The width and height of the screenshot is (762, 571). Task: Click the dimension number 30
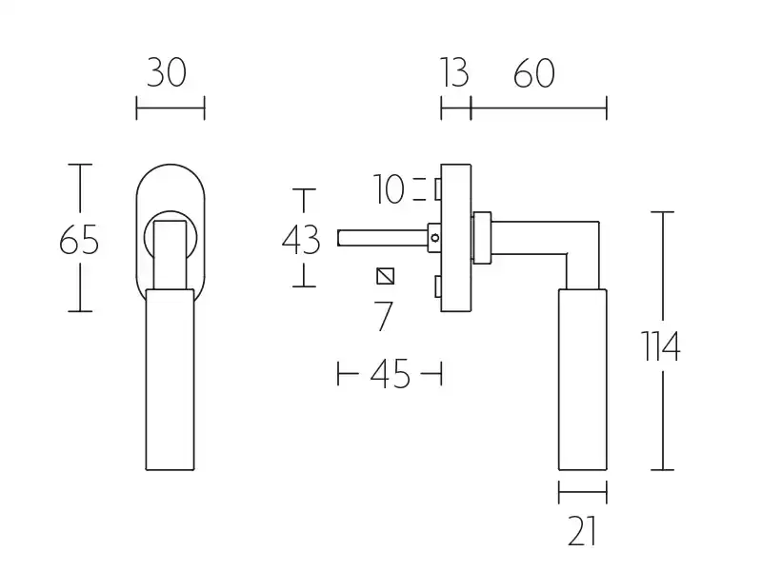click(x=166, y=73)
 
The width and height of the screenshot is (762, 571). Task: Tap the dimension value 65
click(x=79, y=240)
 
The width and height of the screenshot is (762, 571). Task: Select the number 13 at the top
click(x=454, y=73)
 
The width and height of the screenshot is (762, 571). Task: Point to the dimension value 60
click(x=534, y=73)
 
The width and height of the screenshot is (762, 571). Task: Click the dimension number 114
click(x=661, y=346)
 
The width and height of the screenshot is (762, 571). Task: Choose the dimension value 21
click(x=582, y=531)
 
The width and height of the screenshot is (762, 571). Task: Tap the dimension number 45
click(x=391, y=374)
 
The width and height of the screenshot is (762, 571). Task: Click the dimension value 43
click(x=301, y=240)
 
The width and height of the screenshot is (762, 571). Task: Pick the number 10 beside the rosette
click(x=389, y=189)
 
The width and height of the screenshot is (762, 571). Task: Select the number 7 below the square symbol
click(x=383, y=316)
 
